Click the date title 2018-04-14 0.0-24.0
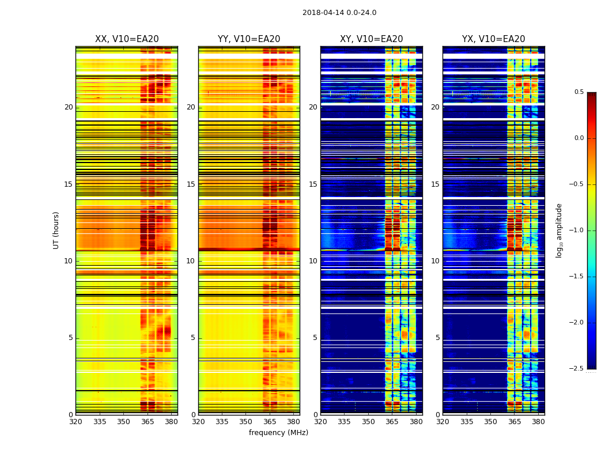pyautogui.click(x=339, y=13)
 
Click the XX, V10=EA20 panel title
pyautogui.click(x=127, y=39)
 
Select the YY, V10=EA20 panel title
pyautogui.click(x=249, y=39)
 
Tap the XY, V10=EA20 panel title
pyautogui.click(x=371, y=39)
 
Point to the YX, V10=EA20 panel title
pyautogui.click(x=493, y=39)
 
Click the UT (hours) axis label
pyautogui.click(x=56, y=230)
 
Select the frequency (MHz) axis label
pyautogui.click(x=278, y=433)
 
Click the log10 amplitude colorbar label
pyautogui.click(x=559, y=230)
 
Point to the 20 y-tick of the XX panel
pyautogui.click(x=69, y=107)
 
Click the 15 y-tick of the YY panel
pyautogui.click(x=191, y=184)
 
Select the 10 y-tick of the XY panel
pyautogui.click(x=313, y=261)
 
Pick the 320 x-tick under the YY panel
pyautogui.click(x=198, y=421)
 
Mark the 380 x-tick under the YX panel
pyautogui.click(x=538, y=421)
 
